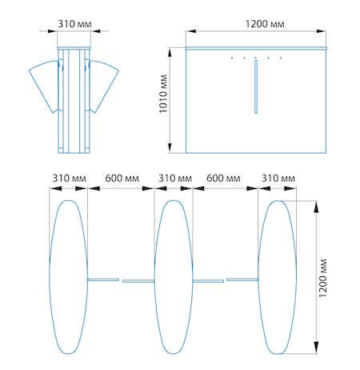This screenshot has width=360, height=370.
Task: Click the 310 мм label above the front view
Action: click(x=74, y=24)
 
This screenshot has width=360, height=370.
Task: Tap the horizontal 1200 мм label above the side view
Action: click(x=265, y=24)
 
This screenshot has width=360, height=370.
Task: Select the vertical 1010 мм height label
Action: click(x=163, y=94)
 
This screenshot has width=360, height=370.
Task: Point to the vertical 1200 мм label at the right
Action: click(x=322, y=278)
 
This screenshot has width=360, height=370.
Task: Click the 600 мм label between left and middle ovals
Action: click(x=122, y=179)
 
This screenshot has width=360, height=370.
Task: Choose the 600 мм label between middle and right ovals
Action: click(x=223, y=179)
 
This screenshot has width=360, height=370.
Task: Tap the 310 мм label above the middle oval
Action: click(x=175, y=179)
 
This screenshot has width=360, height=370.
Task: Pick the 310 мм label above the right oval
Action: click(x=278, y=179)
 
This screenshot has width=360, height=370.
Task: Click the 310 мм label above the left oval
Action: click(x=69, y=179)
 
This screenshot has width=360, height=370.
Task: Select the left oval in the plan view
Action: click(x=50, y=277)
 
